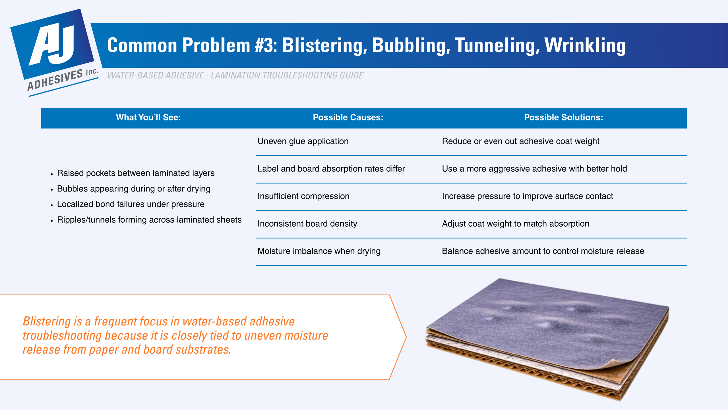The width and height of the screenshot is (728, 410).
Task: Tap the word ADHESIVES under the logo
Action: (x=55, y=80)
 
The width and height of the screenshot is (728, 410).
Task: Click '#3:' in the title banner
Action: (x=266, y=46)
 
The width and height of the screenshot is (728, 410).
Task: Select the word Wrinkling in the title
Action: (x=585, y=46)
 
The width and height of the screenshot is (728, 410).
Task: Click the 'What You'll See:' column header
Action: (x=148, y=118)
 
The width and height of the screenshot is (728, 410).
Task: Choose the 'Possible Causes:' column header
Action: (x=348, y=118)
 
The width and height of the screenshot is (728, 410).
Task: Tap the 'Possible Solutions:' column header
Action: (x=563, y=118)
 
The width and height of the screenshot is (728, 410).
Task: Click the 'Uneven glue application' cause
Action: (x=303, y=141)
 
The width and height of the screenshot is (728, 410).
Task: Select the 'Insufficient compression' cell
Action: (x=303, y=196)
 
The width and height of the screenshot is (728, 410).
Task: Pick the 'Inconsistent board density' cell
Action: (x=307, y=224)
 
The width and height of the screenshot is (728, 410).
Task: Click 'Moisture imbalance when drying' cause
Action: (x=319, y=251)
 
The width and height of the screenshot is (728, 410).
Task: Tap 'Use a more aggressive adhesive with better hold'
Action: (x=534, y=169)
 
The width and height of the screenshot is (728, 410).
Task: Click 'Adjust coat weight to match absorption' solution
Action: (x=515, y=224)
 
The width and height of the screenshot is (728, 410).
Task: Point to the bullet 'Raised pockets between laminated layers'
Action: (x=136, y=173)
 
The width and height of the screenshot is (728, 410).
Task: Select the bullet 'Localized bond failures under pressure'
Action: (x=131, y=204)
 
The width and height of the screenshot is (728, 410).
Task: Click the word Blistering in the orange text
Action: (x=47, y=321)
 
